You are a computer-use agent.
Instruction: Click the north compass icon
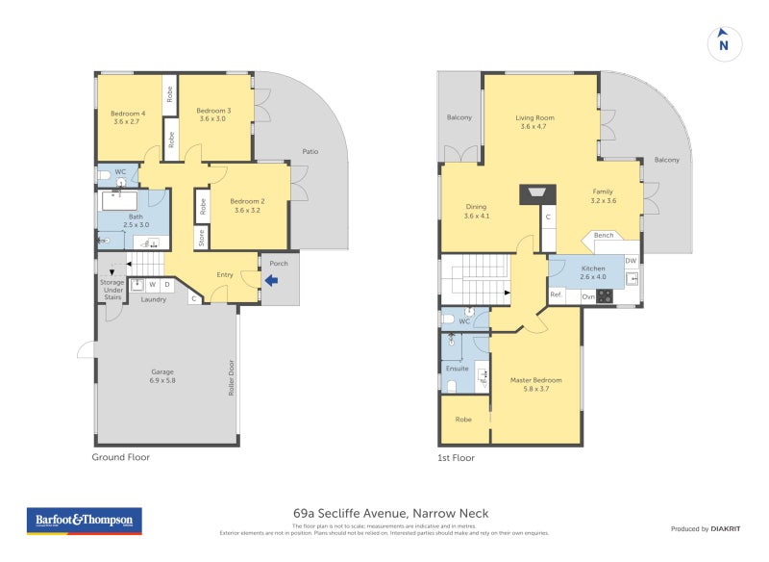pos(724,43)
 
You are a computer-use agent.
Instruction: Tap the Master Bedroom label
pos(535,385)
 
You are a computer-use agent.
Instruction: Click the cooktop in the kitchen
pos(605,296)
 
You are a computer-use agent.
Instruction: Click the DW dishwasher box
pos(631,261)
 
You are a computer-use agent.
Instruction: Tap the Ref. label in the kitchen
pos(556,294)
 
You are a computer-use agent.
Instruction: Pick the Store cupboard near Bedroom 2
pos(202,238)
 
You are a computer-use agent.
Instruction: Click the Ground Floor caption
pos(121,457)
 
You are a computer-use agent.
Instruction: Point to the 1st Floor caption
pos(459,458)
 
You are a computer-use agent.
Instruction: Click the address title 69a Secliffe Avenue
pos(390,514)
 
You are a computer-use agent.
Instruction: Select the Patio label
pos(310,152)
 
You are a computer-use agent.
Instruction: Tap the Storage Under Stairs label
pos(112,290)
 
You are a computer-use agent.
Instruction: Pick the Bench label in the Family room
pos(604,236)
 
